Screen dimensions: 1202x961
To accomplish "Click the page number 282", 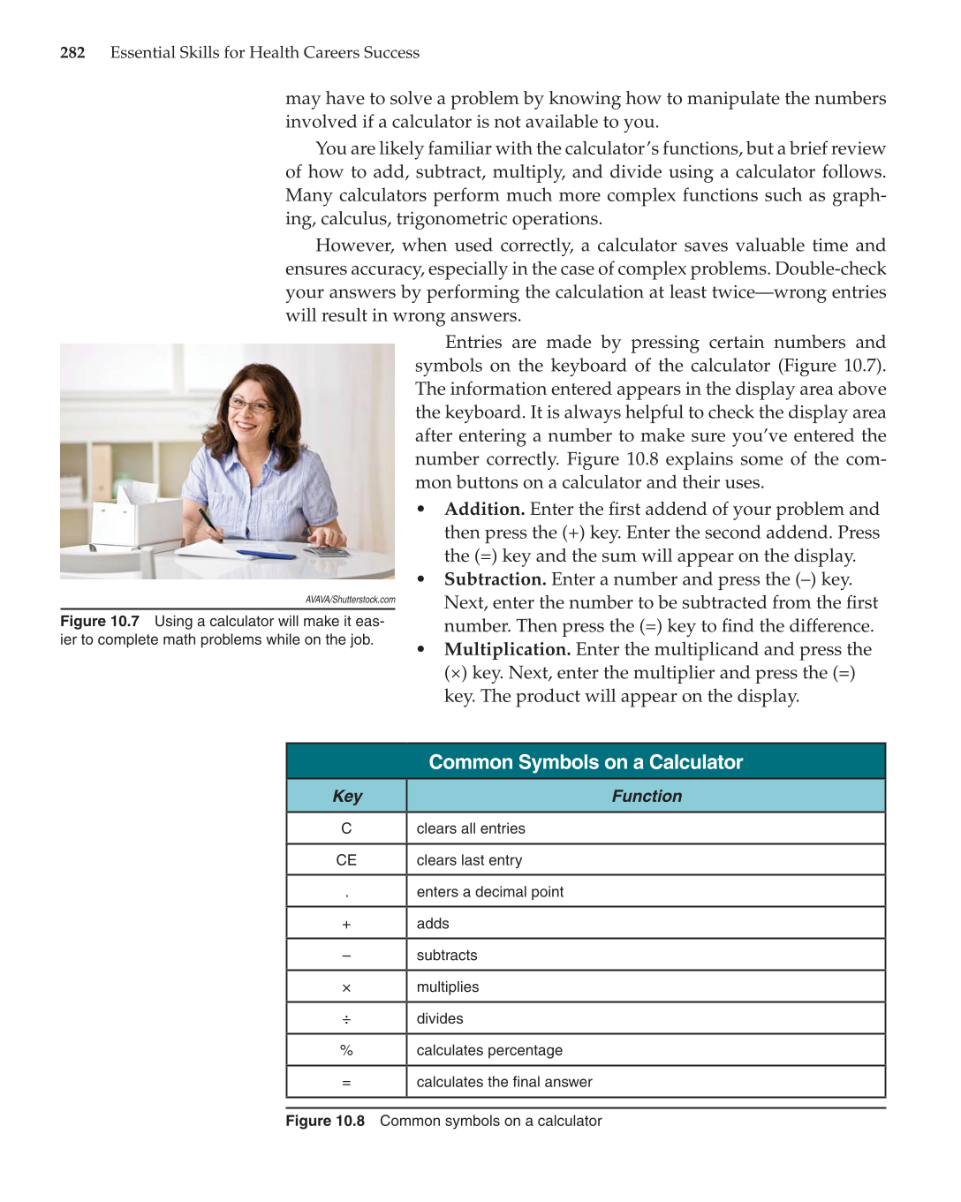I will coord(72,53).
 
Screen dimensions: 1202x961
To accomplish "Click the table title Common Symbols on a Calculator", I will coord(586,762).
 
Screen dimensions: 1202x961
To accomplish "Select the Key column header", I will coord(347,797).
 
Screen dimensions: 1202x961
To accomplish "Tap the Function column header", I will coord(647,797).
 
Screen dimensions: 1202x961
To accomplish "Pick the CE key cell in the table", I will coord(346,860).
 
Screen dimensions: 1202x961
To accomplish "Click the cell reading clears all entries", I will coord(471,828).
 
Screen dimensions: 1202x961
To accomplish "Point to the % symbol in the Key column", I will coord(346,1050).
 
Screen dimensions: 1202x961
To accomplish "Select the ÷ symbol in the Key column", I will coord(346,1019).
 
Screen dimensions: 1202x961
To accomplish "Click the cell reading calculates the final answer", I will coord(504,1082).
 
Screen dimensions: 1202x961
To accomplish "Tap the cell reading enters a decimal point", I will coord(489,892).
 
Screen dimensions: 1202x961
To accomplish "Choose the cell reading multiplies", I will coord(448,987).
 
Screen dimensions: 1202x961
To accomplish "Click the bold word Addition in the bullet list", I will coord(484,510).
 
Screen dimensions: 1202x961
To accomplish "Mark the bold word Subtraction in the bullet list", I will coord(495,579).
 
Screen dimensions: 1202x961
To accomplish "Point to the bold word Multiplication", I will coord(507,650).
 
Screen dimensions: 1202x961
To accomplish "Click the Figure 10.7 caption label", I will coord(100,622).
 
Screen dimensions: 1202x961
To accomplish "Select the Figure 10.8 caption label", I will coord(325,1122).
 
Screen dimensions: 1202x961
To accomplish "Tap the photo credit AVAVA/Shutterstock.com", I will coord(350,600).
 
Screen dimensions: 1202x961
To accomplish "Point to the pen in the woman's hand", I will coord(210,522).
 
